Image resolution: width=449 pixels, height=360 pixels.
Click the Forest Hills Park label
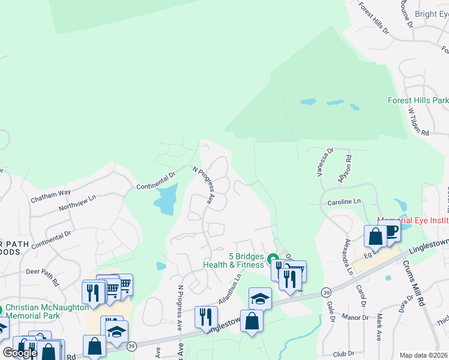(x=418, y=100)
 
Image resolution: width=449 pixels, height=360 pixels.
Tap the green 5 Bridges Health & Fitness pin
(x=273, y=261)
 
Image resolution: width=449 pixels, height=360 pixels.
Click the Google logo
(x=20, y=353)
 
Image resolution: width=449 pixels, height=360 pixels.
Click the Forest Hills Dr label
(x=373, y=16)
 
